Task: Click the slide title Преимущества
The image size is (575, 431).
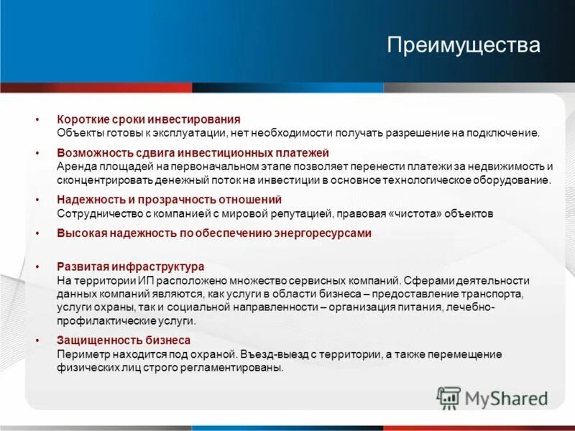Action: [463, 45]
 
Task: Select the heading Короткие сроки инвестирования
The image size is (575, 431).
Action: [149, 119]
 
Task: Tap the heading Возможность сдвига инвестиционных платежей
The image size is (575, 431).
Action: [193, 153]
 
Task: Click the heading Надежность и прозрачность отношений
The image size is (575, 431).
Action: [169, 199]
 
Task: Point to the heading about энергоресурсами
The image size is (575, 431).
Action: [213, 233]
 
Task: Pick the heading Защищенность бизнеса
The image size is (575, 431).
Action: [124, 340]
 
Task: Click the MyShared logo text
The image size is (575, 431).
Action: [506, 397]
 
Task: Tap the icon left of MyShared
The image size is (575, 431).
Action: [449, 397]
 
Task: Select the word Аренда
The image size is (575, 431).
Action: [75, 167]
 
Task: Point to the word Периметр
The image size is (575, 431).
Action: [81, 354]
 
